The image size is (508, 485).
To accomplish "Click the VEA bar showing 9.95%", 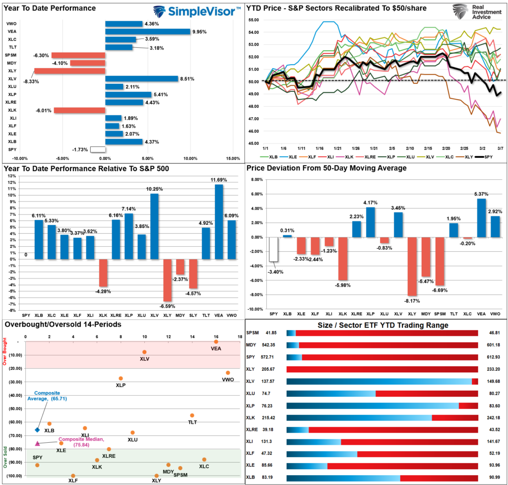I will [x=147, y=32].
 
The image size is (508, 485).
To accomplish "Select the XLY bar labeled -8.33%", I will [x=69, y=70].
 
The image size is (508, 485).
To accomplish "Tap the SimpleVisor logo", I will [x=196, y=11].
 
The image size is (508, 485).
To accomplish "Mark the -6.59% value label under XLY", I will [x=167, y=306].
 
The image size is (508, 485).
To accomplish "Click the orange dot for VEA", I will [x=216, y=342].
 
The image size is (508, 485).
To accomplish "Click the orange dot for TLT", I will [x=192, y=416].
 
